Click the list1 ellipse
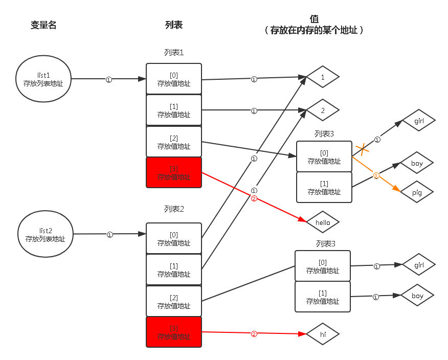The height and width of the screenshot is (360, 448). (x=43, y=79)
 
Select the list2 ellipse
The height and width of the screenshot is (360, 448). (x=46, y=235)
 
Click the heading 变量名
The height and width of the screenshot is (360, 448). (x=43, y=25)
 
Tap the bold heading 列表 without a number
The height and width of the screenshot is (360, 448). (x=174, y=25)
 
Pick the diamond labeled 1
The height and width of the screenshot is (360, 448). (x=323, y=78)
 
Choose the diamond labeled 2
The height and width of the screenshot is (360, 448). (x=323, y=110)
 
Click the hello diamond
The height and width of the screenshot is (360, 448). (x=323, y=222)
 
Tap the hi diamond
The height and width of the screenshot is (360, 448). (x=323, y=334)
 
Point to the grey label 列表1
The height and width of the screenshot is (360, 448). (x=174, y=53)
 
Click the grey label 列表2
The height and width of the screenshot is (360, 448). (x=174, y=209)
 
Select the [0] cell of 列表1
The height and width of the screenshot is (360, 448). (x=174, y=79)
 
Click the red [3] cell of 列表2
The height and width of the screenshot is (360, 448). (x=174, y=332)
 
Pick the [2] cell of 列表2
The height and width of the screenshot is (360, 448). (x=174, y=301)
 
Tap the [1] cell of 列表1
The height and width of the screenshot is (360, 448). (x=174, y=110)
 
